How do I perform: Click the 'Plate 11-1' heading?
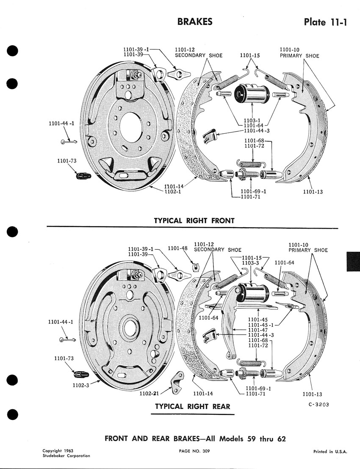(325, 22)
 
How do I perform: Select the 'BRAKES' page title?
(195, 22)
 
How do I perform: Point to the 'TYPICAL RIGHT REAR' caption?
(193, 406)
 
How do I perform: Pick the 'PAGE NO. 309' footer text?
(194, 451)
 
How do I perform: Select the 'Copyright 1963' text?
(58, 451)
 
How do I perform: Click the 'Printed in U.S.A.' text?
(330, 452)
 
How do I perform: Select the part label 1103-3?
(252, 263)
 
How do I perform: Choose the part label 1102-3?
(80, 386)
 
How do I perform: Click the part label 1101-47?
(258, 330)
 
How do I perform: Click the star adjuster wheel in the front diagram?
(244, 174)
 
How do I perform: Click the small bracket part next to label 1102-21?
(176, 381)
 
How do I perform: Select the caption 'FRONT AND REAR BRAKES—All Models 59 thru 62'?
(195, 439)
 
